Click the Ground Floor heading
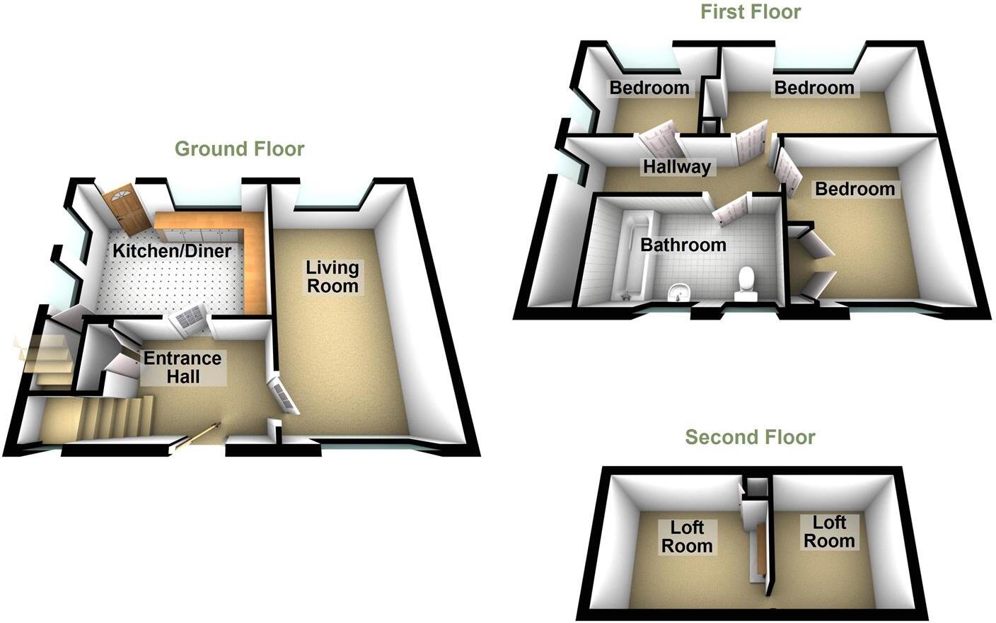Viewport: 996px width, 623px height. [x=239, y=149]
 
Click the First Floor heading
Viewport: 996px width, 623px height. [x=751, y=12]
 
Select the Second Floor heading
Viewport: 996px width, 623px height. [x=750, y=438]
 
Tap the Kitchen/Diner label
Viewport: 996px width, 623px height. [x=173, y=251]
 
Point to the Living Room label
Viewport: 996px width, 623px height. [x=332, y=276]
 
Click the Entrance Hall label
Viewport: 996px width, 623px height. [x=183, y=367]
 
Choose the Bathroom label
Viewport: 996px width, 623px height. [x=683, y=245]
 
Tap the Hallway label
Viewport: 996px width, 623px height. [x=676, y=167]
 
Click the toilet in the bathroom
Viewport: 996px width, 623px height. [x=746, y=284]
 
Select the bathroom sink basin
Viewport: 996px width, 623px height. [x=680, y=291]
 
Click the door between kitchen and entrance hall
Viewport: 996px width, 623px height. [x=187, y=319]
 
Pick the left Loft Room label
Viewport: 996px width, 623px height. [x=687, y=537]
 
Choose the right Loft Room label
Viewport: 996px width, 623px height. [x=828, y=532]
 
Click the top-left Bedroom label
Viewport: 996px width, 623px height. [x=649, y=88]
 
